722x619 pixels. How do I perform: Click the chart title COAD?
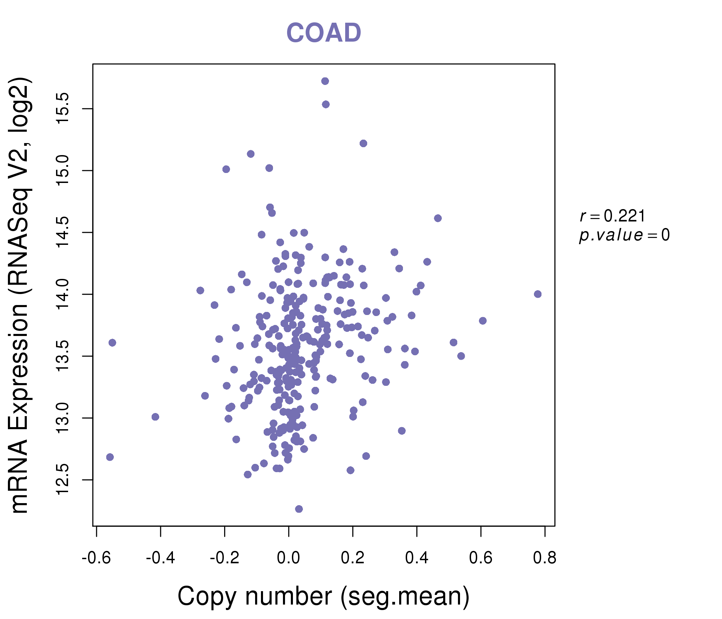(x=324, y=33)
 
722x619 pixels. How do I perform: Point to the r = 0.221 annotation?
(x=612, y=216)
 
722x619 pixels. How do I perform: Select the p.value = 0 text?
(x=624, y=235)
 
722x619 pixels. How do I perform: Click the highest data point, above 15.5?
(x=325, y=81)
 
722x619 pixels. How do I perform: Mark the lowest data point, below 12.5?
(x=299, y=509)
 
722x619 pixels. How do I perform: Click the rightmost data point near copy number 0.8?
(x=538, y=294)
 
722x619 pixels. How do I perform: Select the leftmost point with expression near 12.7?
(x=110, y=457)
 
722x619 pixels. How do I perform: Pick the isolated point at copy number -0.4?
(x=155, y=417)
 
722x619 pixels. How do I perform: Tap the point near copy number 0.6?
(x=483, y=321)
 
